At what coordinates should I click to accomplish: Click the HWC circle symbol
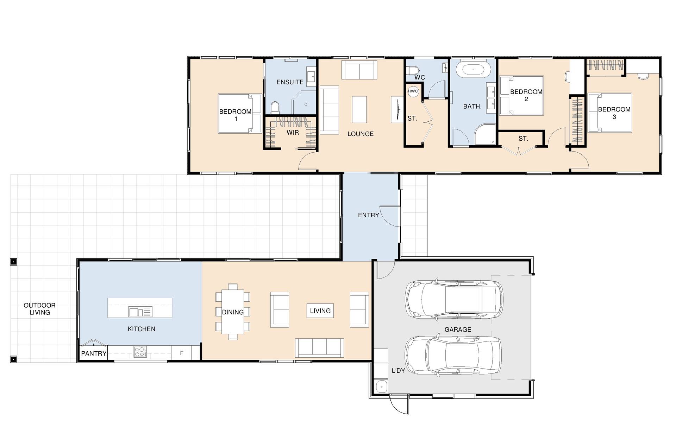(413, 91)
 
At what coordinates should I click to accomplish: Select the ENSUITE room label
(290, 82)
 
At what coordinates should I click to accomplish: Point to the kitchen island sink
(140, 312)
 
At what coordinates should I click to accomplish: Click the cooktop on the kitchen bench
(140, 352)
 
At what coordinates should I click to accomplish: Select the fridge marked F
(181, 353)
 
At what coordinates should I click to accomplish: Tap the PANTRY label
(94, 353)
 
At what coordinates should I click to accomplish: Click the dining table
(233, 312)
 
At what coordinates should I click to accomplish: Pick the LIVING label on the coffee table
(320, 311)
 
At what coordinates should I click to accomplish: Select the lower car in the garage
(453, 356)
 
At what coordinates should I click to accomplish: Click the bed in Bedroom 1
(240, 113)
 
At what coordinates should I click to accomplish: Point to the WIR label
(293, 133)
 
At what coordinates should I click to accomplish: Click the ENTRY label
(369, 215)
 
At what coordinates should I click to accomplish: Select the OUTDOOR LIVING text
(40, 309)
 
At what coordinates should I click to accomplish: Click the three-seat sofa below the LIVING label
(319, 348)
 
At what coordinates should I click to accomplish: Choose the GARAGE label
(458, 330)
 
